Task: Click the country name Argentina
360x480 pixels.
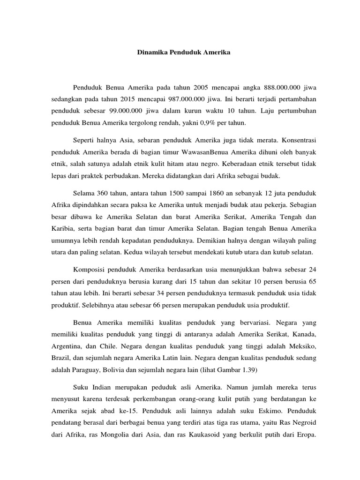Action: [66, 346]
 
